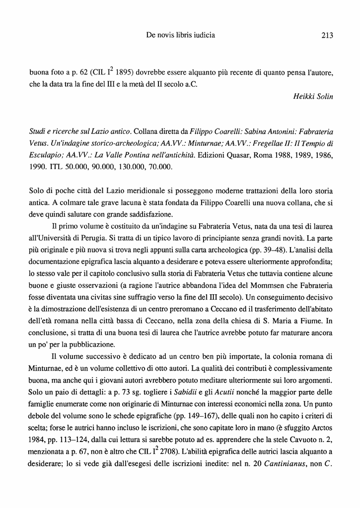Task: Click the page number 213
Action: click(327, 35)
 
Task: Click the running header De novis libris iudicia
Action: click(181, 35)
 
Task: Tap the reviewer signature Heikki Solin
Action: click(313, 96)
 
